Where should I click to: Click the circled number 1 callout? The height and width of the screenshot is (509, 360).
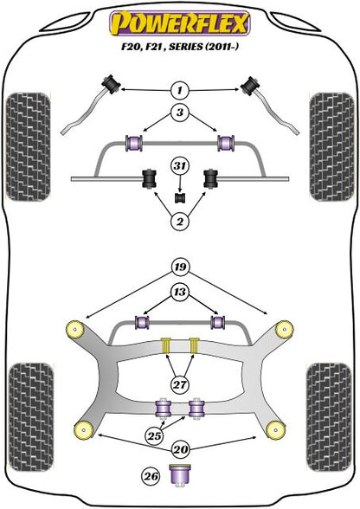point(179,89)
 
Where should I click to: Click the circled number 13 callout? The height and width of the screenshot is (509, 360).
point(179,292)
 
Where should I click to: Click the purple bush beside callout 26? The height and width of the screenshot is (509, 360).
point(182,474)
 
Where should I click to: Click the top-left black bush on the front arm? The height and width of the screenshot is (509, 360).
point(111,83)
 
